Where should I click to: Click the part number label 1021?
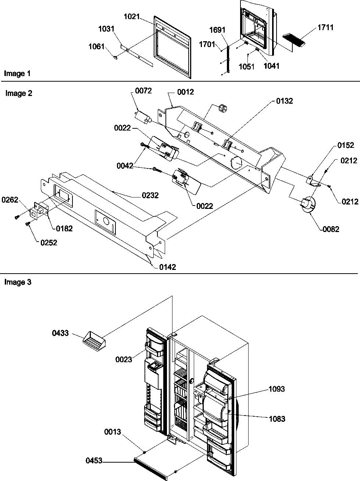coord(131,17)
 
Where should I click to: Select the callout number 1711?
coord(325,27)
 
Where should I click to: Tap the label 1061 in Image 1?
coord(96,47)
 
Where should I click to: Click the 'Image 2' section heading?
coord(19,93)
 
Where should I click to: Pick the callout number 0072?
coord(143,90)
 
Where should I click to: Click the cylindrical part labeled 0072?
coord(142,116)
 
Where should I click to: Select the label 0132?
coord(285,101)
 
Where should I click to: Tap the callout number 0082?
coord(331,229)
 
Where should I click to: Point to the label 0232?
coord(150,195)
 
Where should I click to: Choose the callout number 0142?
coord(167,267)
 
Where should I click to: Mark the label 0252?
coord(49,243)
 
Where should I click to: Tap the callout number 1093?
coord(277,389)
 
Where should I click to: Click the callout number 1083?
coord(277,419)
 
